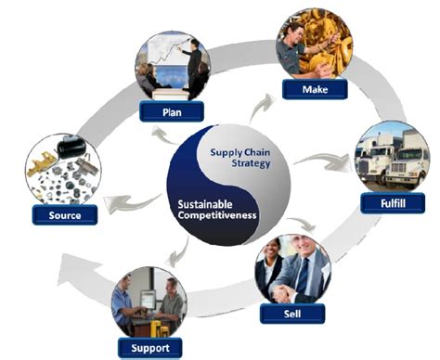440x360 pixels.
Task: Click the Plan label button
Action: (172, 112)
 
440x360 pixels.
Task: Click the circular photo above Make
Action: (312, 43)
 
